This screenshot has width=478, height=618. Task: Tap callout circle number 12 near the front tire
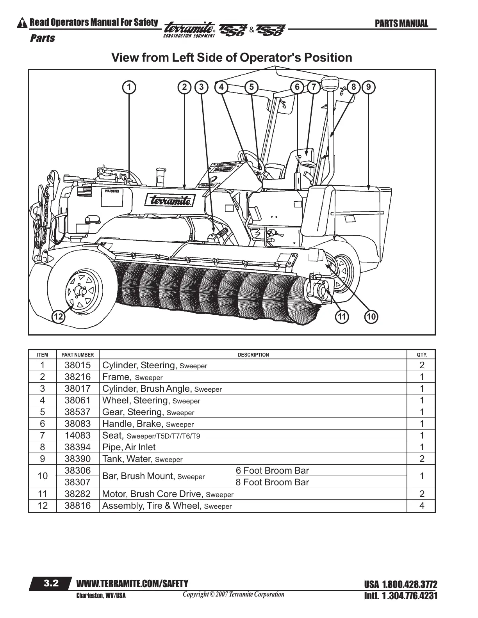point(59,317)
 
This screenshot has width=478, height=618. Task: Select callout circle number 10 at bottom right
point(371,317)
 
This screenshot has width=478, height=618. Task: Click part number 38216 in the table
point(77,377)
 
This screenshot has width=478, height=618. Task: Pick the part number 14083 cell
point(77,435)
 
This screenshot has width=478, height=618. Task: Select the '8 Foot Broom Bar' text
point(272,482)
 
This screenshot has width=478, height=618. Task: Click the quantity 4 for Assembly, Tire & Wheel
point(422,506)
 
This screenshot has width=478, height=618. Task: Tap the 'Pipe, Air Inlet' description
point(129,447)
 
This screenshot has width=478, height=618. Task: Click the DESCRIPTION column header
point(253,355)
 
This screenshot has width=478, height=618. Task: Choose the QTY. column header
point(423,355)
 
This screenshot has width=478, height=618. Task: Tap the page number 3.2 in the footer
point(51,584)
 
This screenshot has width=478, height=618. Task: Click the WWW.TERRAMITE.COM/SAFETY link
point(132,584)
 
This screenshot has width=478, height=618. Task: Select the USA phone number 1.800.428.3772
point(401,585)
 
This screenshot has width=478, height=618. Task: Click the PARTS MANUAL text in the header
point(401,24)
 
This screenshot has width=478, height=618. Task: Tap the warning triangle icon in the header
point(23,23)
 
